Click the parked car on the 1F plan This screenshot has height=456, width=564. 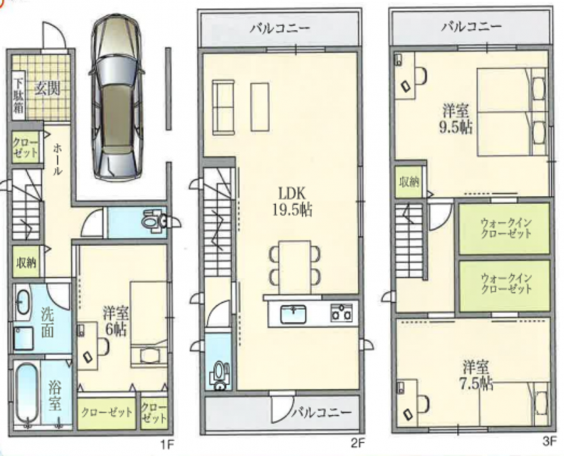pyautogui.click(x=117, y=98)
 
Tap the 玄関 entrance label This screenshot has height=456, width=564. pyautogui.click(x=47, y=88)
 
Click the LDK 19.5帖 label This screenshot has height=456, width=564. pyautogui.click(x=291, y=202)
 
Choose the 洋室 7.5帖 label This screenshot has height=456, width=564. pyautogui.click(x=476, y=376)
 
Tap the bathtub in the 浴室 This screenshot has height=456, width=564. pyautogui.click(x=27, y=394)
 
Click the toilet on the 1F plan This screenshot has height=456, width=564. pyautogui.click(x=155, y=221)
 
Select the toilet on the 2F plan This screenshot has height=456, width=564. pyautogui.click(x=219, y=375)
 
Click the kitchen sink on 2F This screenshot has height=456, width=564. pyautogui.click(x=293, y=314)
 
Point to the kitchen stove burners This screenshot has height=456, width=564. pyautogui.click(x=341, y=312)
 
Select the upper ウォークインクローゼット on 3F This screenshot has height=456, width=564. pyautogui.click(x=504, y=229)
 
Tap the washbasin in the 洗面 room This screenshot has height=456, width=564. pyautogui.click(x=23, y=302)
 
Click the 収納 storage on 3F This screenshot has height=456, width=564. pyautogui.click(x=409, y=182)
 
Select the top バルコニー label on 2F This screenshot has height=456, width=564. pyautogui.click(x=280, y=29)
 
